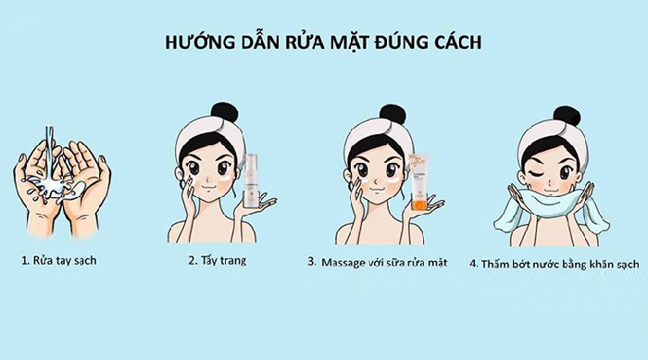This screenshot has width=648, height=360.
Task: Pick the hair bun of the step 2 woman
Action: [x=225, y=113]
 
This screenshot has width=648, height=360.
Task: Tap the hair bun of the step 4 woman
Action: [x=567, y=117]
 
